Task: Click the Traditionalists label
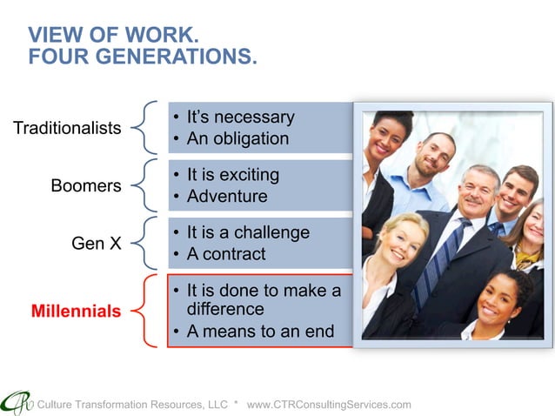pyautogui.click(x=67, y=128)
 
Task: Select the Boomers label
pyautogui.click(x=85, y=185)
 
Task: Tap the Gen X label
pyautogui.click(x=96, y=244)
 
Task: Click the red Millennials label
pyautogui.click(x=77, y=311)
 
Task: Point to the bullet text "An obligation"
pyautogui.click(x=237, y=139)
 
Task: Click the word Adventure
pyautogui.click(x=227, y=197)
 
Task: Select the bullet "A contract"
pyautogui.click(x=226, y=255)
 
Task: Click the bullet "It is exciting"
pyautogui.click(x=232, y=175)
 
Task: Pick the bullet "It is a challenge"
pyautogui.click(x=248, y=232)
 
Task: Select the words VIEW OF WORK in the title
pyautogui.click(x=113, y=36)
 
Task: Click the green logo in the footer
pyautogui.click(x=15, y=402)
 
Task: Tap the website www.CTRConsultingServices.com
pyautogui.click(x=329, y=405)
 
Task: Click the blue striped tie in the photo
pyautogui.click(x=432, y=261)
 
